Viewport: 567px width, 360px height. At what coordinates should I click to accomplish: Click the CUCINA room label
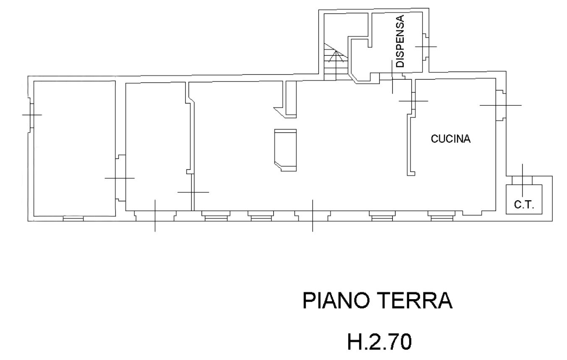451,139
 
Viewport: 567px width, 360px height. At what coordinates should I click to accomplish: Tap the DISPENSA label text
400,41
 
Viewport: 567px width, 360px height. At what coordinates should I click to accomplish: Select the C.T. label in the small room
524,204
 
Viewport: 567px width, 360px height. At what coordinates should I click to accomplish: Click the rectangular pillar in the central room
285,150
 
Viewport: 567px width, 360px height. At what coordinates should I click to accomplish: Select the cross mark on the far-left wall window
32,115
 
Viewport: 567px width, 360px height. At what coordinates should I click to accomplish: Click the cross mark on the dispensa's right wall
426,47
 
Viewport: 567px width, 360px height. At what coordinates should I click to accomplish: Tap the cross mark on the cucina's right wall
501,105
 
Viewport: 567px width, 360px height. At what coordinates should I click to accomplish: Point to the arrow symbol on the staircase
336,56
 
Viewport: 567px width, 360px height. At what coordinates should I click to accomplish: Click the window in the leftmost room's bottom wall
73,219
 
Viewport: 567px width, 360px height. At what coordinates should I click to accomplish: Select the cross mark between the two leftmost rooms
120,178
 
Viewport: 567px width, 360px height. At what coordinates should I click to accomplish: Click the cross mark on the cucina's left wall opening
413,101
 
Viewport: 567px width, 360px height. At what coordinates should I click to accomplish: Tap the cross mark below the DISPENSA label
392,77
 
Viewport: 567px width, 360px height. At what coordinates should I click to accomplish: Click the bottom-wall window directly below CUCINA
442,216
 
